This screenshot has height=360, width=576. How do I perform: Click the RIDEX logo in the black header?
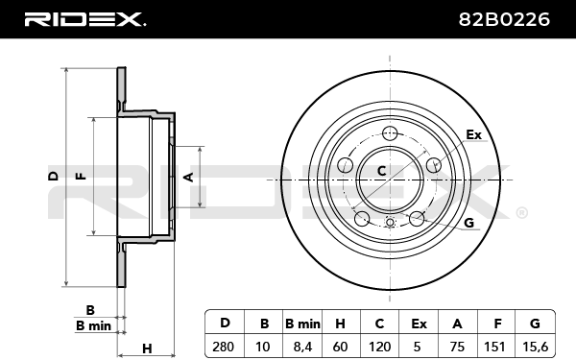(85, 19)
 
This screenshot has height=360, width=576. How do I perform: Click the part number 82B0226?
(504, 19)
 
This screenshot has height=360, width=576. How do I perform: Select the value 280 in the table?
(224, 347)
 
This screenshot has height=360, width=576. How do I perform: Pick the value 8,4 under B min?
(302, 347)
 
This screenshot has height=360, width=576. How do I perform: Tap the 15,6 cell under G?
(535, 347)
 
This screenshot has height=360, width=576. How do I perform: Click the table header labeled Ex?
(419, 324)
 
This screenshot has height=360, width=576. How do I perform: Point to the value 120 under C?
(379, 347)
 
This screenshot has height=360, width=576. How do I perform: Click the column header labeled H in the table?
(340, 324)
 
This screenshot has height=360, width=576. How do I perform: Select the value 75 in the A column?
(457, 347)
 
